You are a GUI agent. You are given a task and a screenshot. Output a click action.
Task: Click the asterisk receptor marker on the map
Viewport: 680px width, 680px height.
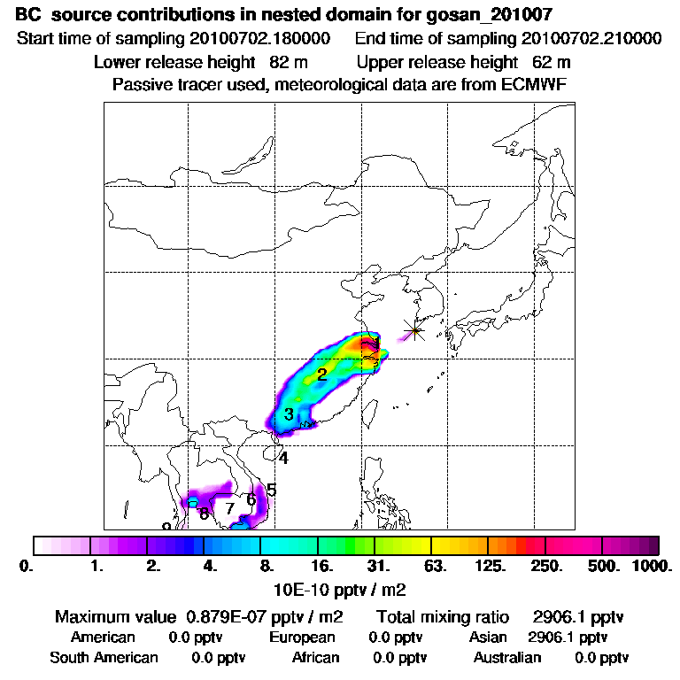click(x=413, y=331)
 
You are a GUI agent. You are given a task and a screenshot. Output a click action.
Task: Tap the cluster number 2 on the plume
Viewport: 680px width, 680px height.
click(x=322, y=375)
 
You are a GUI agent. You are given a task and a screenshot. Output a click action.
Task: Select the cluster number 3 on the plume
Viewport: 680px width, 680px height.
click(x=289, y=414)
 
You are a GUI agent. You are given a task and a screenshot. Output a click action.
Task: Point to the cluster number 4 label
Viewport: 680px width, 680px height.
click(x=283, y=459)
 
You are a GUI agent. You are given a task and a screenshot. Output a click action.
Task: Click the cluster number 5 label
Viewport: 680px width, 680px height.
click(x=272, y=490)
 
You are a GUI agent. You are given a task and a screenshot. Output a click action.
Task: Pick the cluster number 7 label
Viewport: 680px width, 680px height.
click(x=229, y=509)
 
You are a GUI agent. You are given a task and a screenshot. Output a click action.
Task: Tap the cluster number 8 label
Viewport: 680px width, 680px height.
click(x=204, y=514)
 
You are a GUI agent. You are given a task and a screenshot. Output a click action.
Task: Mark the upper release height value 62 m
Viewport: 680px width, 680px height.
click(x=552, y=62)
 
